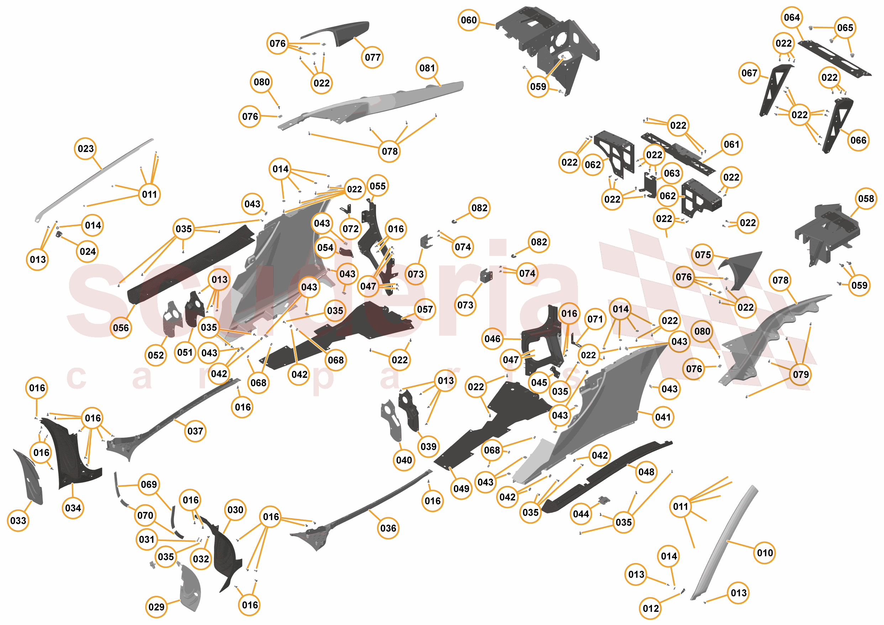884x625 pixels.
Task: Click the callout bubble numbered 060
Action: (469, 20)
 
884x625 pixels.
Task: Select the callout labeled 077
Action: (372, 57)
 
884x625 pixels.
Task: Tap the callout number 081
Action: (427, 68)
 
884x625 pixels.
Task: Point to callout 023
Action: (85, 149)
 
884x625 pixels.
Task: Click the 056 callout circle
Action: (121, 328)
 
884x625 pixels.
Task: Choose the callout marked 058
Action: (866, 199)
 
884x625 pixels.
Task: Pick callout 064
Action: (791, 18)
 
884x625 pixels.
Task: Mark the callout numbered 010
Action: (765, 553)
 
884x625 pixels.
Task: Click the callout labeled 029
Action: (156, 607)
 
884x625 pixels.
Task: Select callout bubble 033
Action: (18, 521)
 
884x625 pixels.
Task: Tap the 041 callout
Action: (663, 417)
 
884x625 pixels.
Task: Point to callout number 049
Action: (461, 489)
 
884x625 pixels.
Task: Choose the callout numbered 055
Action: (377, 187)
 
